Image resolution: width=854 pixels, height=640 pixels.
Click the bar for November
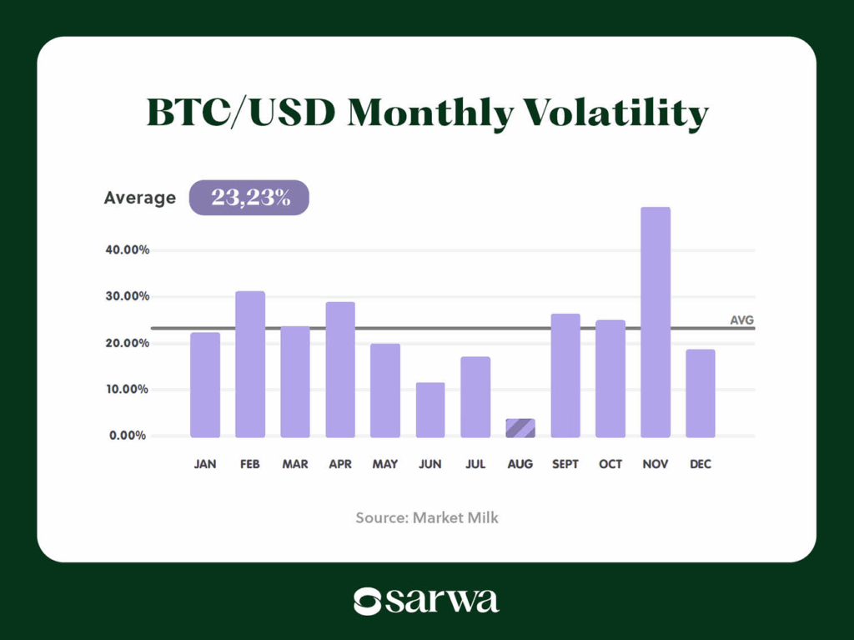click(655, 322)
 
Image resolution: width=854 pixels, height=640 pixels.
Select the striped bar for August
click(520, 428)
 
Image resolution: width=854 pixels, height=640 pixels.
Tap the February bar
click(250, 364)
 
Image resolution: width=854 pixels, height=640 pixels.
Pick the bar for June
click(430, 410)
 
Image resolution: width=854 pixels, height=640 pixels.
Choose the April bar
click(340, 370)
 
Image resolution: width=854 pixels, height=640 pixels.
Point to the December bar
click(700, 393)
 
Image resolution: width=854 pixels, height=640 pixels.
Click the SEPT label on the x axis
click(565, 464)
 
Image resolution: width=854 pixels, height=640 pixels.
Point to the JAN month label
click(205, 464)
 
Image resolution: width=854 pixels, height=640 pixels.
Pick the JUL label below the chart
click(475, 464)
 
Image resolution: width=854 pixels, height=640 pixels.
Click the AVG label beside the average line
click(741, 320)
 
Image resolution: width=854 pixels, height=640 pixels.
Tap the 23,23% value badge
click(249, 198)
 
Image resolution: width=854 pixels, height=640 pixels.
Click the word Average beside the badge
click(140, 198)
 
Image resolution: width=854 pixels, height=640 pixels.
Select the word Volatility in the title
click(613, 113)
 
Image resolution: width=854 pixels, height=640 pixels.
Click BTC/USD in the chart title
click(240, 113)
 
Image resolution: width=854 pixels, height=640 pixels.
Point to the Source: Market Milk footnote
click(427, 517)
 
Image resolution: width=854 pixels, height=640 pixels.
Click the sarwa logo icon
click(367, 601)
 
